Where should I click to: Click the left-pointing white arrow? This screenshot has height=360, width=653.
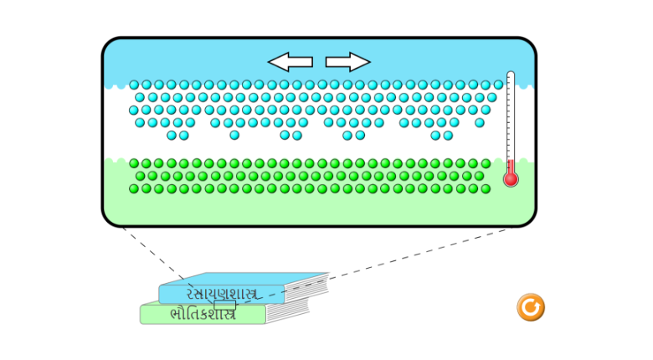pyautogui.click(x=290, y=62)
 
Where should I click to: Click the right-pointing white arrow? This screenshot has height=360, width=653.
pyautogui.click(x=347, y=62)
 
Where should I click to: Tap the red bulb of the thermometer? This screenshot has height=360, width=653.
pyautogui.click(x=511, y=178)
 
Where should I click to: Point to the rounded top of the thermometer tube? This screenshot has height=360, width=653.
pyautogui.click(x=511, y=76)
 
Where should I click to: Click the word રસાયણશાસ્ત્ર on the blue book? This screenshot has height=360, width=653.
pyautogui.click(x=221, y=293)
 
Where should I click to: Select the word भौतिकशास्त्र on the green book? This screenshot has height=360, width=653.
pyautogui.click(x=201, y=315)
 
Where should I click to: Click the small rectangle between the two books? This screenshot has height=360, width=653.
pyautogui.click(x=224, y=305)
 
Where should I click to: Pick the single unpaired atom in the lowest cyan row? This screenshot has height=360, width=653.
pyautogui.click(x=234, y=135)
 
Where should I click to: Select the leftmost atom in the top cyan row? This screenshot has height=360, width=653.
pyautogui.click(x=134, y=85)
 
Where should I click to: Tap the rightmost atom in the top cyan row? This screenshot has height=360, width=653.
pyautogui.click(x=498, y=85)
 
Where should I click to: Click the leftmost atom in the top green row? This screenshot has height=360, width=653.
pyautogui.click(x=134, y=164)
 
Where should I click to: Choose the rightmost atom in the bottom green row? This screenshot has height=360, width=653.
pyautogui.click(x=486, y=188)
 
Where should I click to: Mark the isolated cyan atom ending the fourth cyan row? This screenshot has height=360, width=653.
pyautogui.click(x=479, y=122)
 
